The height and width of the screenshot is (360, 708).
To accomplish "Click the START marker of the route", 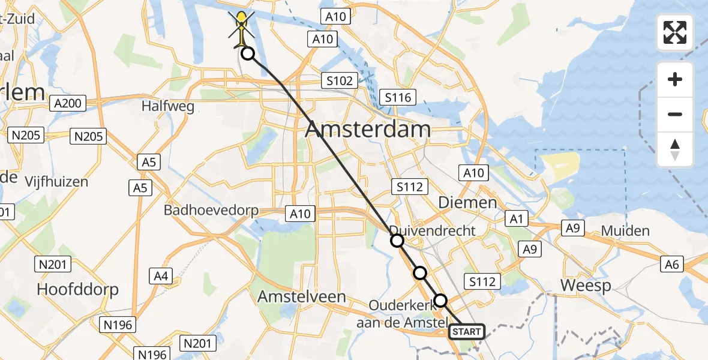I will tap(466, 331).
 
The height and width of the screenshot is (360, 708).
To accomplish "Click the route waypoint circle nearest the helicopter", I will tap(247, 55).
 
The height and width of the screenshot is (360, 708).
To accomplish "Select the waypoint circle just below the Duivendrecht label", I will tap(397, 241).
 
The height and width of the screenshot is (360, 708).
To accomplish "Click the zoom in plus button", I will tap(675, 79).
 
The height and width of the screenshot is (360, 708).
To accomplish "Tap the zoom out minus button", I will tap(675, 114).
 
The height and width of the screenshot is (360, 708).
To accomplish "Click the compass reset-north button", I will tap(675, 149).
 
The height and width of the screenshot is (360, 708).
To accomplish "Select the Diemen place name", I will tap(467, 203).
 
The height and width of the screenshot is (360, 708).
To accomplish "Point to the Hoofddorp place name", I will tap(78, 289).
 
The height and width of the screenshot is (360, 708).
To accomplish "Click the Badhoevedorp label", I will tap(211, 211).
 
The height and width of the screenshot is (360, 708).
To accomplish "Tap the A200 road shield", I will tap(67, 104).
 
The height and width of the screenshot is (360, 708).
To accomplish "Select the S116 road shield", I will tap(398, 97).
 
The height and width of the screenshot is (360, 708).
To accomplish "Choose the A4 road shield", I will tap(160, 276).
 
